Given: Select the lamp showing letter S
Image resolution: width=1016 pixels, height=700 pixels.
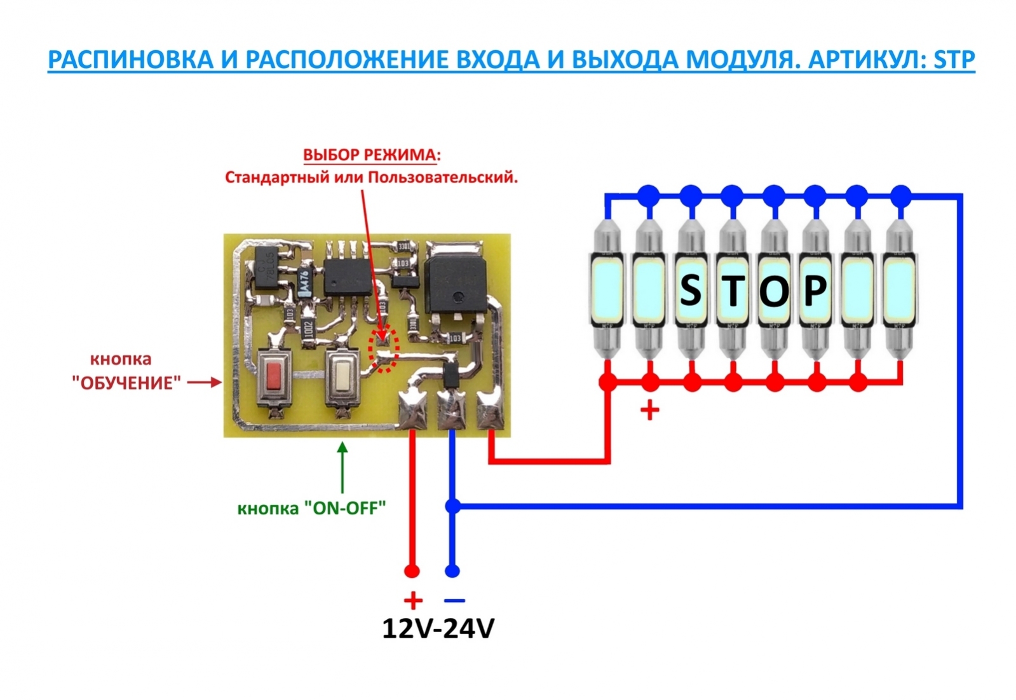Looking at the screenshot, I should tap(691, 290).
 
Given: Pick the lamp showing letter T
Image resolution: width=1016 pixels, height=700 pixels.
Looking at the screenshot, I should tap(733, 290).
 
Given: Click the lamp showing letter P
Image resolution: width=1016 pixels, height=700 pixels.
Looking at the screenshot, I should tap(816, 290).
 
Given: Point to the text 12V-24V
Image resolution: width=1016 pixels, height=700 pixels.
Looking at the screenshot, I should tap(438, 628).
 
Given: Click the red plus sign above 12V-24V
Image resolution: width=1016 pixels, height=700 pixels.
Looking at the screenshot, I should tap(413, 600).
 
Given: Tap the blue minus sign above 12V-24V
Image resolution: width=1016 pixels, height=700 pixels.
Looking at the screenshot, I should tap(454, 600).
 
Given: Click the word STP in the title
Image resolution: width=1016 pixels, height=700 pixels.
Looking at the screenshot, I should tap(954, 60).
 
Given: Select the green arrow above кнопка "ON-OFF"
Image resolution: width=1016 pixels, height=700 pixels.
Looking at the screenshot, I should tap(342, 467).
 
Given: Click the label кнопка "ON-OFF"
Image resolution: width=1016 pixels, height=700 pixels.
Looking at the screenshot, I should tap(311, 508).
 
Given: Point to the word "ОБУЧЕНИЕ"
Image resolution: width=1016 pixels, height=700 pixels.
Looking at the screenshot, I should tap(126, 383).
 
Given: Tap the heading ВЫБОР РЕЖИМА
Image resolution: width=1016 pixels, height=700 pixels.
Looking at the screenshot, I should tap(371, 155).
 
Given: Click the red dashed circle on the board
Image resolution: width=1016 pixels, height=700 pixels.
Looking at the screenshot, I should tap(384, 349).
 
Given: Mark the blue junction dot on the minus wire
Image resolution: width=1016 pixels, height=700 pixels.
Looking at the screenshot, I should tap(452, 506).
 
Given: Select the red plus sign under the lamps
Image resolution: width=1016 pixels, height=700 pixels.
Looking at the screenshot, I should tap(649, 410).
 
